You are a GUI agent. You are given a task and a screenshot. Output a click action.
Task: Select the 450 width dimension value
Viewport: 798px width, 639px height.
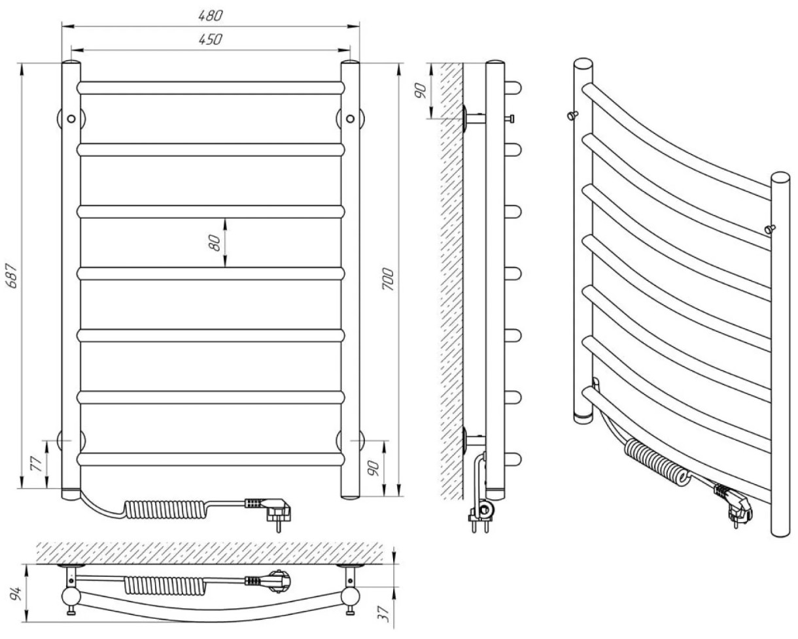[x=211, y=39]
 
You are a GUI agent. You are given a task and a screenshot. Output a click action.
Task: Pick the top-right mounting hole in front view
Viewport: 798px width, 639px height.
[x=351, y=118]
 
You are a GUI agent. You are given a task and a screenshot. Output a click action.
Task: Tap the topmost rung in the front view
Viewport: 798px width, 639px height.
[x=211, y=88]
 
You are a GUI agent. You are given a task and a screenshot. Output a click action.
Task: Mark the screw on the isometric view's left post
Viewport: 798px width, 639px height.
[x=574, y=116]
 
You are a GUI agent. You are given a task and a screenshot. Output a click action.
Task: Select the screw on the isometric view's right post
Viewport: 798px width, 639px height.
[x=770, y=228]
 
